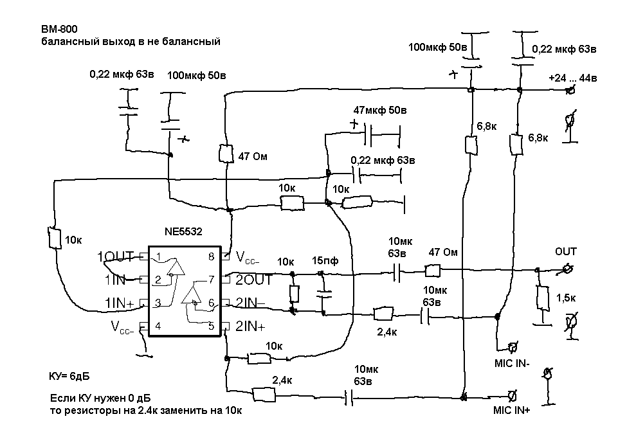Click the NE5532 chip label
click(183, 232)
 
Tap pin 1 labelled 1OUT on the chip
click(116, 257)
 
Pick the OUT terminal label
click(566, 251)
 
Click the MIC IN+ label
click(511, 410)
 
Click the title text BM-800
click(55, 30)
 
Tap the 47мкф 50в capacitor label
click(379, 110)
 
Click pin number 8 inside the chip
click(210, 256)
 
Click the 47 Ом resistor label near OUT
click(443, 252)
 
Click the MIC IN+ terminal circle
click(513, 395)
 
